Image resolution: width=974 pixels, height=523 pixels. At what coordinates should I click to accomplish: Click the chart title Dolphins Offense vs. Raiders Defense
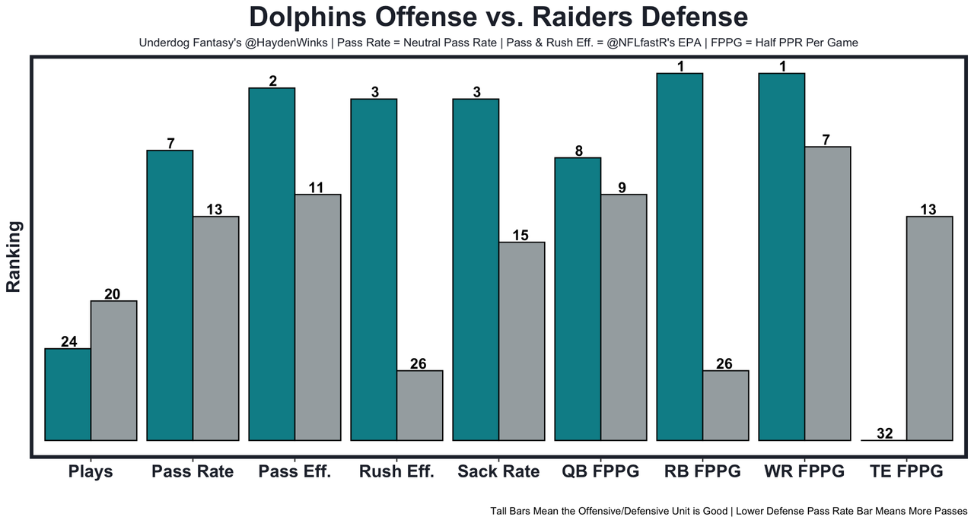click(x=498, y=17)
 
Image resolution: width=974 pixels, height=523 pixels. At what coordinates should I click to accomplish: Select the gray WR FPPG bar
click(x=827, y=293)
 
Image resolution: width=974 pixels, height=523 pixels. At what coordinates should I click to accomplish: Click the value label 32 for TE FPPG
click(x=884, y=433)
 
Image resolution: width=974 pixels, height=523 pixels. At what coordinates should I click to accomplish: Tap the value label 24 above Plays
click(x=68, y=341)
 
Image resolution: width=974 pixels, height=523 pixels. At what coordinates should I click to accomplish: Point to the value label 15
click(x=520, y=235)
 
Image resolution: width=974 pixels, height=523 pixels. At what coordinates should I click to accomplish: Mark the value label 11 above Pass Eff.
click(x=317, y=187)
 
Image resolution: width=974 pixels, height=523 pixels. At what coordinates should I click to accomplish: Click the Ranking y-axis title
click(x=14, y=257)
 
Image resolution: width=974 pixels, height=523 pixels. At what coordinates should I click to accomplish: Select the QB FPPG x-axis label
click(x=600, y=471)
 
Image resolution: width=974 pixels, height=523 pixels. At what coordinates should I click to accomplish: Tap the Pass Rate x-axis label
click(x=193, y=471)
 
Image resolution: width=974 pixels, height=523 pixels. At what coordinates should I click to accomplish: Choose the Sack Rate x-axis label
click(x=498, y=471)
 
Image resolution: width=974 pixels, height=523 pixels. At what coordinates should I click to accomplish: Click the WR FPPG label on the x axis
click(x=804, y=471)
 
